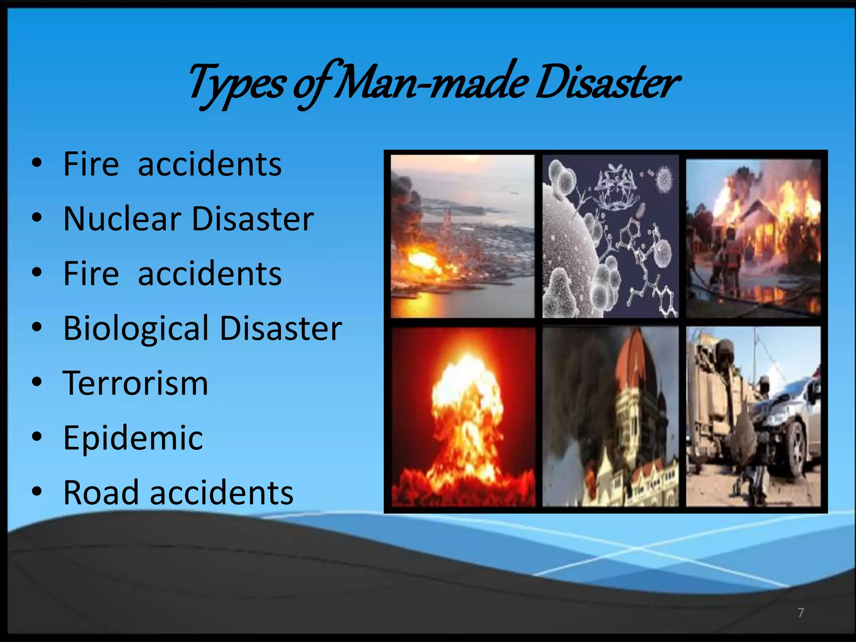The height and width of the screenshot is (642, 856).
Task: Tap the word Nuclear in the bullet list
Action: [122, 219]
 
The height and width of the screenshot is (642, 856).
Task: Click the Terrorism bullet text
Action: [135, 383]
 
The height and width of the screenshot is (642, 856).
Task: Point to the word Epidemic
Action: [133, 438]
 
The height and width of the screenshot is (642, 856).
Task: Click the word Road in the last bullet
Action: [101, 493]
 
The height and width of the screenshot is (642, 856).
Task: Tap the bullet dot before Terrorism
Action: [37, 382]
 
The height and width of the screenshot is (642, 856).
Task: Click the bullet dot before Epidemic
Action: [37, 436]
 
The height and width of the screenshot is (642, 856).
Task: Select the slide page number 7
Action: [800, 613]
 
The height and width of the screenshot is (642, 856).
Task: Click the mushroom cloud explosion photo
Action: [463, 417]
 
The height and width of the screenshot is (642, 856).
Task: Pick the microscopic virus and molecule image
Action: [610, 236]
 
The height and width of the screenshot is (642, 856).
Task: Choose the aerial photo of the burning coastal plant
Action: [463, 236]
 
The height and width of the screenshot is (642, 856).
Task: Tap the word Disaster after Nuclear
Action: [252, 219]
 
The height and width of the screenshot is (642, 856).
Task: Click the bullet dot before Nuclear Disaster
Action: [37, 217]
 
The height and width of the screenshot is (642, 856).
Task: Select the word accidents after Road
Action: [222, 493]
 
